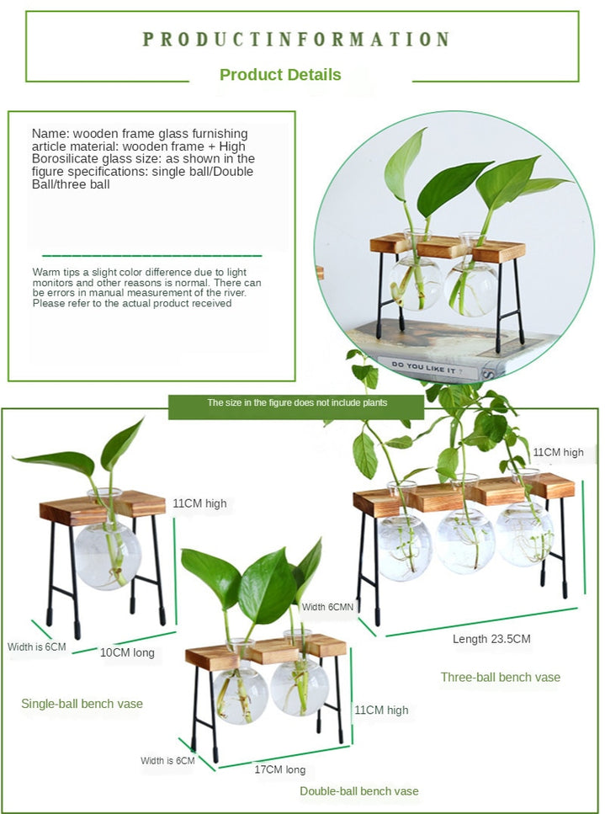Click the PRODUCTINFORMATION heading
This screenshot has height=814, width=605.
tap(296, 40)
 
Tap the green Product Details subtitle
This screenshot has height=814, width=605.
tap(280, 74)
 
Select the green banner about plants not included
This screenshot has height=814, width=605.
tap(297, 403)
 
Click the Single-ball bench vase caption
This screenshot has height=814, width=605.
tap(82, 704)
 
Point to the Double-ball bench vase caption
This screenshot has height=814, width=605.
tap(359, 791)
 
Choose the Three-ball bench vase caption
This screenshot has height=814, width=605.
tap(500, 677)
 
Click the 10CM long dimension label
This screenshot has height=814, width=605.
tap(127, 652)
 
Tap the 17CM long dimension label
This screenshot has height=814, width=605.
tap(279, 769)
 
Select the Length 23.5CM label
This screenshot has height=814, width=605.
tap(491, 639)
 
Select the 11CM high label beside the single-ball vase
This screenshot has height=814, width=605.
tap(199, 503)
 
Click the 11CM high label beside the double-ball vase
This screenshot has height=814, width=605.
tap(381, 710)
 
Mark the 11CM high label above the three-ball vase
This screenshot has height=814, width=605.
tap(558, 452)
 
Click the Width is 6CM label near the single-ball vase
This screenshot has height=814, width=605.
tap(36, 646)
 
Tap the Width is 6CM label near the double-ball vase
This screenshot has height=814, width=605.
tap(167, 760)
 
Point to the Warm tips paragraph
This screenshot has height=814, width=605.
tap(146, 287)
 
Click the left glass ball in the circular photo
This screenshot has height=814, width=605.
tap(416, 284)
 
